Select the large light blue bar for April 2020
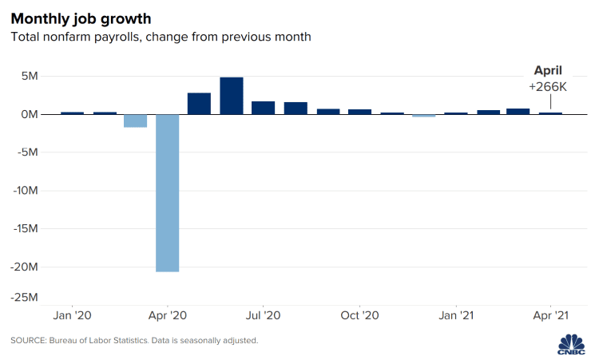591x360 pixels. click(167, 192)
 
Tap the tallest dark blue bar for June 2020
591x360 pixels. click(232, 96)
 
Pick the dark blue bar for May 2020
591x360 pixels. click(199, 104)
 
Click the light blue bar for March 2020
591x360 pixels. click(135, 121)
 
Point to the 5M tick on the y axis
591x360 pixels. click(29, 77)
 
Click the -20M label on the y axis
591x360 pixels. click(25, 267)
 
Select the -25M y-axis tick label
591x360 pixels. click(25, 298)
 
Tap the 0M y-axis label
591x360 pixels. click(29, 115)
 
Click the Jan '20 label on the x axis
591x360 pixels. click(72, 315)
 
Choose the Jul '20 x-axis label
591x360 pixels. click(264, 315)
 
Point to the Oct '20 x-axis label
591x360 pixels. click(359, 315)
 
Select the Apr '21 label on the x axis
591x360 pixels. click(551, 315)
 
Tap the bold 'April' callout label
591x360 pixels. click(549, 69)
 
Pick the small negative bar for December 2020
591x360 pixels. click(424, 116)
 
